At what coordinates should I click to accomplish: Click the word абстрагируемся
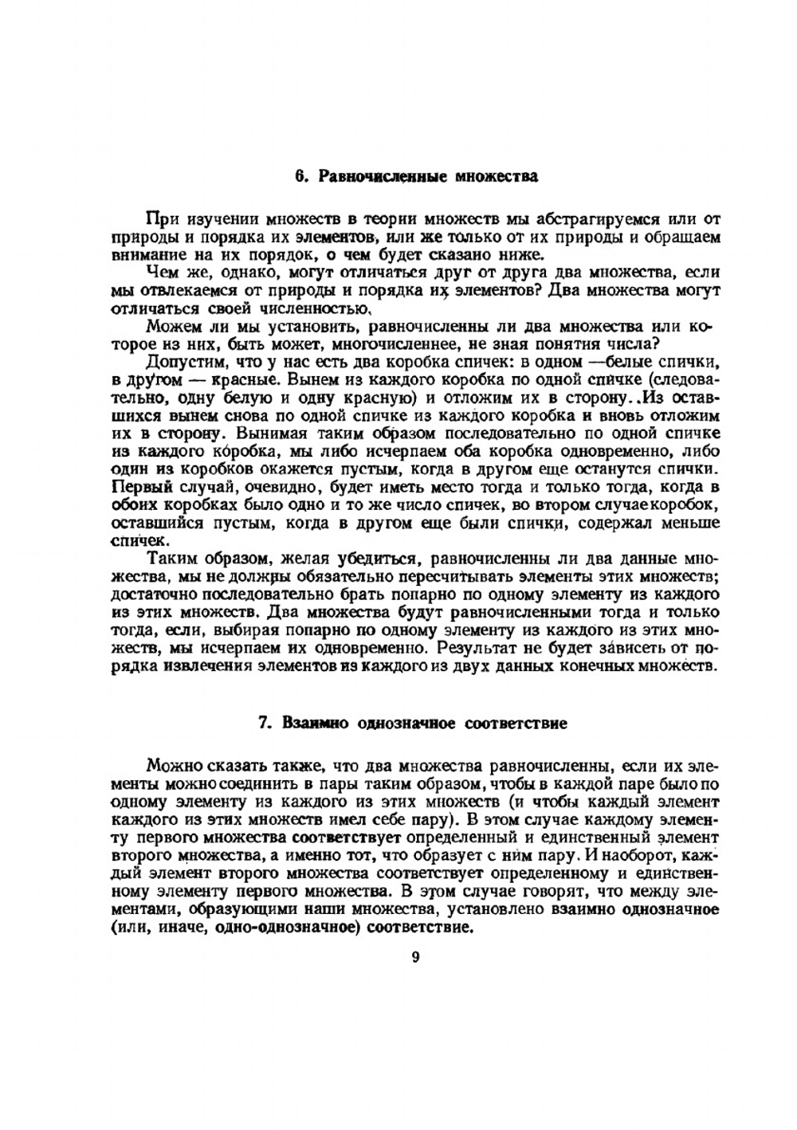569,218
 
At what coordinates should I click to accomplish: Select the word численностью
315,308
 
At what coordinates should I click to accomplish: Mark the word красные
238,380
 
